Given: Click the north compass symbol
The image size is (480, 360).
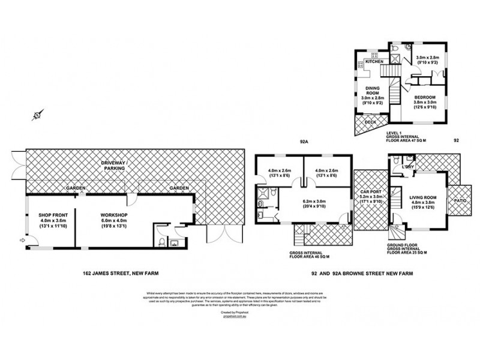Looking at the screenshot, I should (x=37, y=115).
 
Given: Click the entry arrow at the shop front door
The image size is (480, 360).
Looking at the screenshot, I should (x=22, y=241).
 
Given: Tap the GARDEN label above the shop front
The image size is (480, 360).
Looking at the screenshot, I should (x=76, y=188).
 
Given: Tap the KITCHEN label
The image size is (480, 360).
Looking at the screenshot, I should (x=374, y=62).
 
